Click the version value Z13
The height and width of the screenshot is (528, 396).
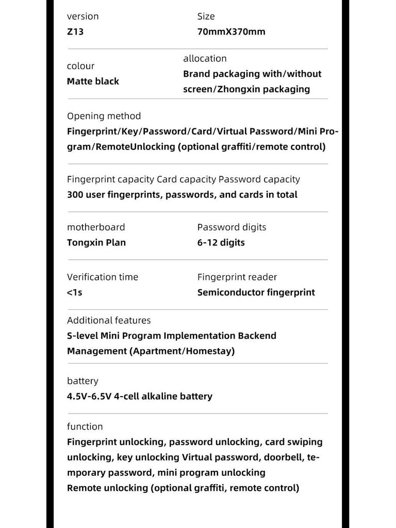coord(75,31)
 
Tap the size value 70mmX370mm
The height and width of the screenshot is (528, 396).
coord(231,31)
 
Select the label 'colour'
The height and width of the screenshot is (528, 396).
coord(81,66)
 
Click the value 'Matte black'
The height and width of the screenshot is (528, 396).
coord(93,81)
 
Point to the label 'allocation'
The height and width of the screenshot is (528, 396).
coord(205,59)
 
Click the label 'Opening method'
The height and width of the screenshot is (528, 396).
coord(104,116)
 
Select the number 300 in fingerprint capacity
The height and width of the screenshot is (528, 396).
coord(75,195)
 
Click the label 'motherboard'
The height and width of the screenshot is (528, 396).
coord(96,227)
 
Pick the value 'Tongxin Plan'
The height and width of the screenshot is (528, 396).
coord(96,243)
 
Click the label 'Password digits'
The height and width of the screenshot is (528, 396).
coord(232,227)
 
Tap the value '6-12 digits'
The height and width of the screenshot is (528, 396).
coord(221,243)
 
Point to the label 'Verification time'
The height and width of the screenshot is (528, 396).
coord(103,277)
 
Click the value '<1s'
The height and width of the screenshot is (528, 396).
coord(75,293)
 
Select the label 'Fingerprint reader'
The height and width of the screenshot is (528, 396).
coord(237,277)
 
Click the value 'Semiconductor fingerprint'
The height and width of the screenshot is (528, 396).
coord(256,293)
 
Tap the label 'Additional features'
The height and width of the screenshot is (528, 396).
coord(109,321)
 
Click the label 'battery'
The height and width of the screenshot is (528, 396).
coord(82,381)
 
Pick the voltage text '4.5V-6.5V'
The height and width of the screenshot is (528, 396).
coord(88,397)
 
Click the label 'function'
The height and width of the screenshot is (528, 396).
coord(85,427)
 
